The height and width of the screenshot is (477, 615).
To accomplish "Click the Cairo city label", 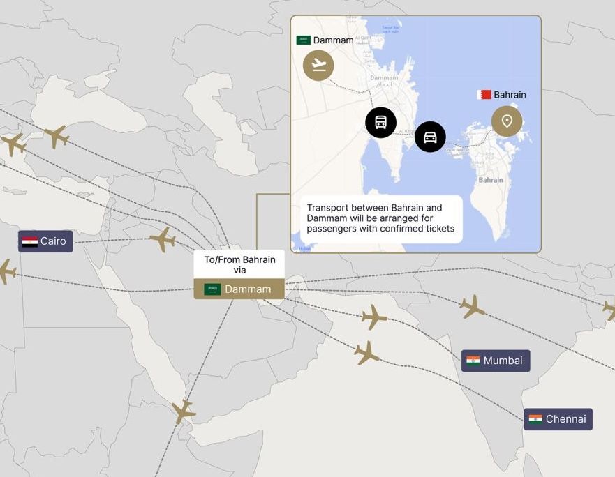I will [53, 241].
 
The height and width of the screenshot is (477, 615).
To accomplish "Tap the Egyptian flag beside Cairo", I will [30, 241].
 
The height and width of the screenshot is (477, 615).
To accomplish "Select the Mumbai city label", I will [503, 361].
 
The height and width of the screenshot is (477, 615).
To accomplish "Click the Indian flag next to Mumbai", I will [473, 361].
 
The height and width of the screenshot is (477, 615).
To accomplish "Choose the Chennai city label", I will [565, 419].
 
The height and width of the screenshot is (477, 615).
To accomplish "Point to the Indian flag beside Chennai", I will [535, 419].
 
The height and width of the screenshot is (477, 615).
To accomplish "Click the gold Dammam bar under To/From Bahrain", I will [239, 289].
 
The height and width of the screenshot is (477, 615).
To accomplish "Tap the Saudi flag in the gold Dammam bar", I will [212, 289].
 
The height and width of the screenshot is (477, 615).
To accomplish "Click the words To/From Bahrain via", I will [239, 264].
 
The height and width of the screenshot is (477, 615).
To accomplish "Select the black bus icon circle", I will [380, 123].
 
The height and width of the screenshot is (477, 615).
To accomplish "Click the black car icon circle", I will [430, 137].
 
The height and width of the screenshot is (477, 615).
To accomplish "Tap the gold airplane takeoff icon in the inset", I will [318, 66].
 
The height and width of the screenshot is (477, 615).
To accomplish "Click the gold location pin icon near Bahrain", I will [507, 121].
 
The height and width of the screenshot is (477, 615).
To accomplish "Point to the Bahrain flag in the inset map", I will [484, 94].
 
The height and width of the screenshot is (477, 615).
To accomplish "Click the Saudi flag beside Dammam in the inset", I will [304, 40].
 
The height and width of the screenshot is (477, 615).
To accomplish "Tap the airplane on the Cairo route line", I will [162, 240].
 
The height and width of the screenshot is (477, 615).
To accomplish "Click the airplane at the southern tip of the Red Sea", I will [183, 411].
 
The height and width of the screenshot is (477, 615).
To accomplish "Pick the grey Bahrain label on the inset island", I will [491, 180].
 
